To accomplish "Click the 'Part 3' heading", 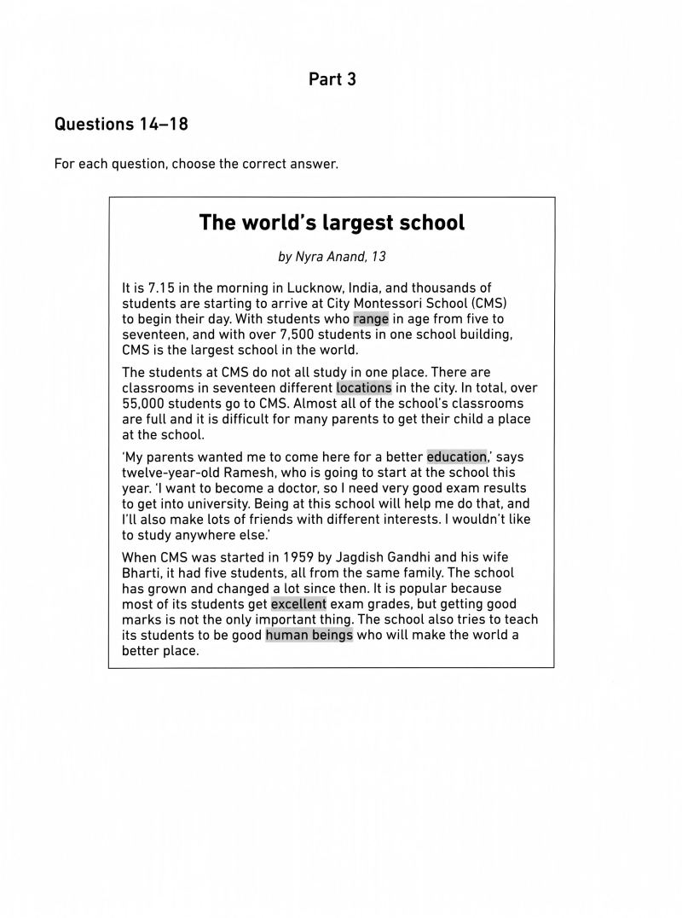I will tap(332, 79).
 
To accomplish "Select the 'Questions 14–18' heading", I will tap(121, 125).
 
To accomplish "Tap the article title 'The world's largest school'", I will tap(332, 223).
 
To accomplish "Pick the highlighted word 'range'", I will tap(371, 319).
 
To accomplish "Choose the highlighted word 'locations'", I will tap(364, 387).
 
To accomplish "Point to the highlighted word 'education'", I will tap(456, 456).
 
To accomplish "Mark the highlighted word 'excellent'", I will tap(298, 604).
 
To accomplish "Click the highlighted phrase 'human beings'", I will tap(309, 635).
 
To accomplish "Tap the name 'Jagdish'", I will tap(373, 558).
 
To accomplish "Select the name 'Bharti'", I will tap(142, 573).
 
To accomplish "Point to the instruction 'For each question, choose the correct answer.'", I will tap(196, 164).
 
